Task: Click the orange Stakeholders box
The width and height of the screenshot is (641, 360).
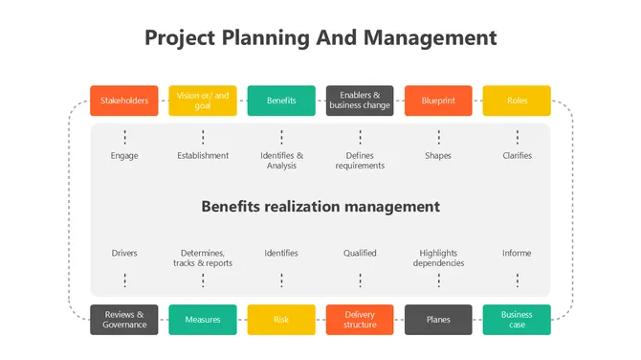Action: pyautogui.click(x=124, y=101)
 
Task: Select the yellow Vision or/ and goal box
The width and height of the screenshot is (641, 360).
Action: pyautogui.click(x=203, y=101)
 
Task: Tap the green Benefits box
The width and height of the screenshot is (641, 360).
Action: pyautogui.click(x=281, y=101)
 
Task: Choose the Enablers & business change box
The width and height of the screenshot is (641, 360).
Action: pyautogui.click(x=360, y=101)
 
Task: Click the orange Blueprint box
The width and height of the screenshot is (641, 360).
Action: pyautogui.click(x=438, y=101)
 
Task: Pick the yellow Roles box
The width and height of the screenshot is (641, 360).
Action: pyautogui.click(x=517, y=101)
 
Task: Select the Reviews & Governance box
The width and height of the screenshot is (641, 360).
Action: pyautogui.click(x=124, y=320)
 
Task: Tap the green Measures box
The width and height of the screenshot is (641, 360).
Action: pyautogui.click(x=203, y=320)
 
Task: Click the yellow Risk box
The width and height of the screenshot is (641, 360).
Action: pyautogui.click(x=281, y=320)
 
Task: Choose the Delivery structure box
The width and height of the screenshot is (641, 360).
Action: pyautogui.click(x=360, y=320)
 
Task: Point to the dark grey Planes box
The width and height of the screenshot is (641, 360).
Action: pyautogui.click(x=438, y=320)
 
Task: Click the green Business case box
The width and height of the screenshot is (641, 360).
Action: pyautogui.click(x=517, y=320)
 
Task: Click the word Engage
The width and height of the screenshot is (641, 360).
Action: pyautogui.click(x=124, y=156)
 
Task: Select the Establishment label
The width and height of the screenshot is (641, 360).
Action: pyautogui.click(x=203, y=156)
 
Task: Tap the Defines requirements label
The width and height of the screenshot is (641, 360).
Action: pyautogui.click(x=360, y=161)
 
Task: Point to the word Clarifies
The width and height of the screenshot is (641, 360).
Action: pyautogui.click(x=517, y=156)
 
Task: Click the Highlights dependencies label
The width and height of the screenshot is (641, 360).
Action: pyautogui.click(x=438, y=258)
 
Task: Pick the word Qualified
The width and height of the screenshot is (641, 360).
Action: pyautogui.click(x=360, y=253)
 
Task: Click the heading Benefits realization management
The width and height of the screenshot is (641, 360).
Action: pyautogui.click(x=320, y=206)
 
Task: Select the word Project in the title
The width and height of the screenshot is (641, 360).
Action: pyautogui.click(x=180, y=37)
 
